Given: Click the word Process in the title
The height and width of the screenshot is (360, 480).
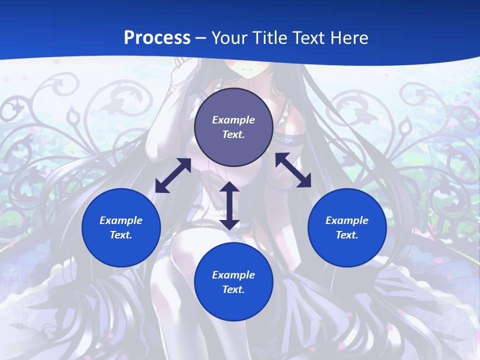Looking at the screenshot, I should (x=157, y=37).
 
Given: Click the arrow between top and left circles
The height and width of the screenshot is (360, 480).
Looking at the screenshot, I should (x=173, y=175).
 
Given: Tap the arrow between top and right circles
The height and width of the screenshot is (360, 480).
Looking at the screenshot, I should (x=293, y=170).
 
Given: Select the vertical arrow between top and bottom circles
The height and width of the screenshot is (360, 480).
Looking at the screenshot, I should (x=229, y=205).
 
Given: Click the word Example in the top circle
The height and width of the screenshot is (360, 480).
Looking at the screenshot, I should (x=233, y=120).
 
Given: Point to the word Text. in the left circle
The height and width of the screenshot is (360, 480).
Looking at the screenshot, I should (x=121, y=235).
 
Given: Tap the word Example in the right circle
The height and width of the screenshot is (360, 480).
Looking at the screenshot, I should (x=347, y=220).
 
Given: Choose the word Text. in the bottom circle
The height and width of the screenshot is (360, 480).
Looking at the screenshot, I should (x=233, y=289).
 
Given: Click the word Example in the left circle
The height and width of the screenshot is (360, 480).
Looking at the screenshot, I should (x=121, y=220).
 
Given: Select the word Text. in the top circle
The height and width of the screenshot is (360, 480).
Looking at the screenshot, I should (x=233, y=134).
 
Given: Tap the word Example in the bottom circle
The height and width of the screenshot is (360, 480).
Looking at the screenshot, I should (x=233, y=275).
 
